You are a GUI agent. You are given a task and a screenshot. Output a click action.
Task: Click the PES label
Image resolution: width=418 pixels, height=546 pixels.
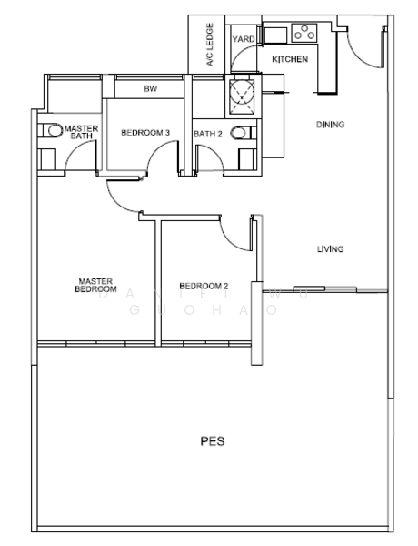pos(212,442)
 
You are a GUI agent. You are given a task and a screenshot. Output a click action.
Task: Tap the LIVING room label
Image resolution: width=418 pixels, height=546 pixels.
pos(328,248)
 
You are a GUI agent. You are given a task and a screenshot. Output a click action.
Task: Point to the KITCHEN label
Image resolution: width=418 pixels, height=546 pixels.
pos(290,59)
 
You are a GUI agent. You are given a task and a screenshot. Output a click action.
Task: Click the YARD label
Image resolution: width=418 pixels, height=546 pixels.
pos(243,39)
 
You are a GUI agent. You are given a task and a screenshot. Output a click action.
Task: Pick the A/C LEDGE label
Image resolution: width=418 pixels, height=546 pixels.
pos(209,45)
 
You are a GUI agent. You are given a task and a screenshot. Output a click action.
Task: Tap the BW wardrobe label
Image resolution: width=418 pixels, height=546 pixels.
pos(150,89)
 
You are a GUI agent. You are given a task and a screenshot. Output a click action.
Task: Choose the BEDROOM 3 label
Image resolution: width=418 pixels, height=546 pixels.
pos(145,134)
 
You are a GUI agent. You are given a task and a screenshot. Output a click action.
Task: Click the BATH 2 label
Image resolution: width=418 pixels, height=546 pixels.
pos(207,135)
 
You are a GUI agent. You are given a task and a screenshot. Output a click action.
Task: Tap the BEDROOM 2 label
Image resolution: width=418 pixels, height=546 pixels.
pos(204,286)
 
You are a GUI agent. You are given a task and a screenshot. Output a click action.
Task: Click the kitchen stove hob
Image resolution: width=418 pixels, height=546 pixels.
pos(303,34)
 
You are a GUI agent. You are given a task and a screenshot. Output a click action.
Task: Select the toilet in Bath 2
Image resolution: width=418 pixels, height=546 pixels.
pos(240,133)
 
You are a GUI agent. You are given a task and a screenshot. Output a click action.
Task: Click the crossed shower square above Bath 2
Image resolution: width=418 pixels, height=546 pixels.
pos(241,92)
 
